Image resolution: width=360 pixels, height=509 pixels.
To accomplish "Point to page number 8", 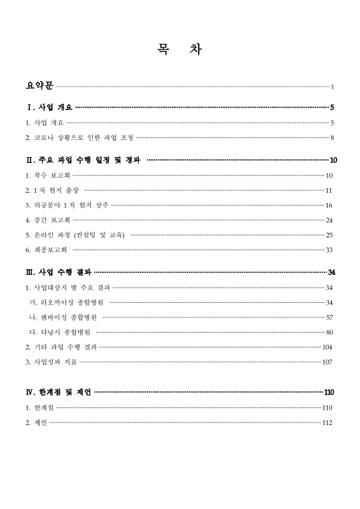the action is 332,137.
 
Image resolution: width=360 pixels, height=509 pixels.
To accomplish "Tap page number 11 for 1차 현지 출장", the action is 329,190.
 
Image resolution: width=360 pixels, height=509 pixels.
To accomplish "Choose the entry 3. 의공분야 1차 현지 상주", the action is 67,205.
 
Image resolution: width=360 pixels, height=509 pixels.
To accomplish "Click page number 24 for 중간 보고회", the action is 329,220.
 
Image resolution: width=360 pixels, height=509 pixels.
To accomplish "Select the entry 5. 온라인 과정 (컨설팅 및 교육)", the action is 75,235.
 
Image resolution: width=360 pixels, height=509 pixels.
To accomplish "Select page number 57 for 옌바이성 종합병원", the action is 329,317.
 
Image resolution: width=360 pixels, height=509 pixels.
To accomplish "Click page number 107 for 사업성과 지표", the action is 328,362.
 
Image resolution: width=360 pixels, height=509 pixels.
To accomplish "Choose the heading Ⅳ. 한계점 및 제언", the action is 59,392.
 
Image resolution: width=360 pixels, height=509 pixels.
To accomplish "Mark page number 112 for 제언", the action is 328,422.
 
